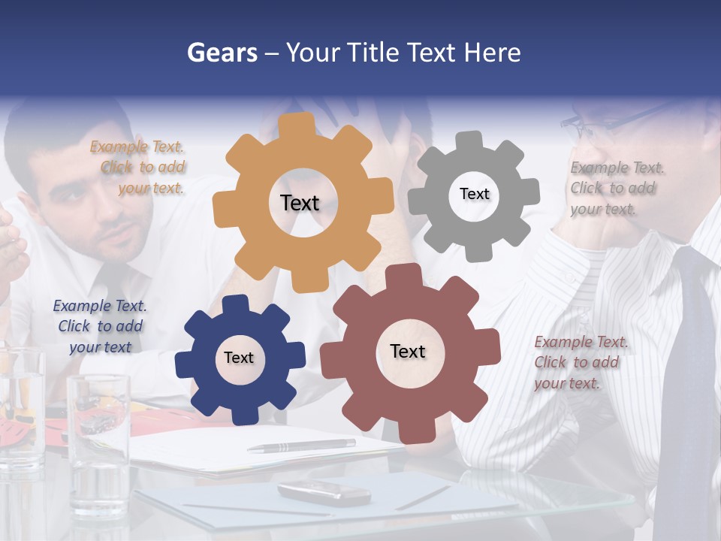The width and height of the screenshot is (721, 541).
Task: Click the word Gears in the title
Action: (222, 53)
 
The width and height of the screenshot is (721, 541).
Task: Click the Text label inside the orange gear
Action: (300, 203)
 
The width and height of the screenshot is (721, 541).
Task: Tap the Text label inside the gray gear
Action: (474, 194)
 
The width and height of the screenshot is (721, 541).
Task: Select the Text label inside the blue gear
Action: (239, 358)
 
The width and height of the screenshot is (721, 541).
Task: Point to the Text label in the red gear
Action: (408, 351)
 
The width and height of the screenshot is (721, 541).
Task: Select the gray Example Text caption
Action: (616, 188)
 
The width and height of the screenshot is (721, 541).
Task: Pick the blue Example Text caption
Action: (100, 326)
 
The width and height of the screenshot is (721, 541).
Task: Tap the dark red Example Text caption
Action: (580, 362)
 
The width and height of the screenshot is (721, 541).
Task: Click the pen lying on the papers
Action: (301, 446)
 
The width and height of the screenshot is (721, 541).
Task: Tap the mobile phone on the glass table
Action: (324, 493)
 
